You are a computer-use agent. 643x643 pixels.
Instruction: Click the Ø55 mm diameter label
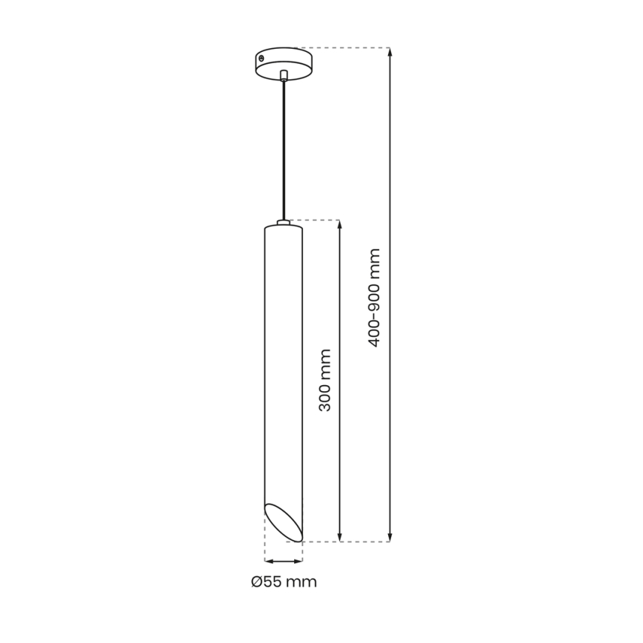(284, 582)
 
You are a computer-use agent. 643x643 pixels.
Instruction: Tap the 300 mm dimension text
(325, 380)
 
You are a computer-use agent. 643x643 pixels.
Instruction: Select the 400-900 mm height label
(374, 298)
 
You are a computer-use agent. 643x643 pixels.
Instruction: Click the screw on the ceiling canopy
(261, 59)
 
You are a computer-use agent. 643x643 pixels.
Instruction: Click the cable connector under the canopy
(283, 76)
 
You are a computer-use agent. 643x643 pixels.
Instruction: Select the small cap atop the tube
(283, 222)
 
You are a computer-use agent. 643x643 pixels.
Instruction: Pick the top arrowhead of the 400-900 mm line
(390, 52)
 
